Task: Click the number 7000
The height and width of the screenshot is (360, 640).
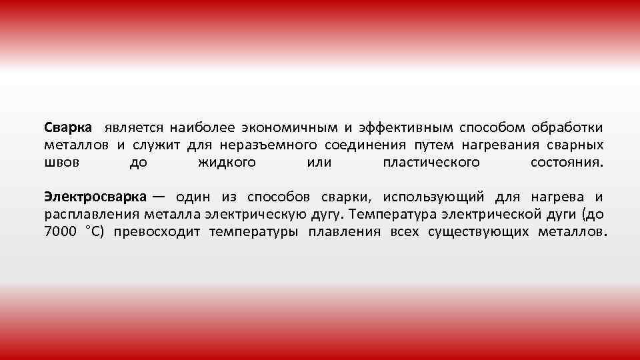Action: point(61,232)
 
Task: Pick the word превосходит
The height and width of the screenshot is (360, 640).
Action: point(157,232)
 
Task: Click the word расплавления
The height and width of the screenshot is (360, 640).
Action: point(91,215)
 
